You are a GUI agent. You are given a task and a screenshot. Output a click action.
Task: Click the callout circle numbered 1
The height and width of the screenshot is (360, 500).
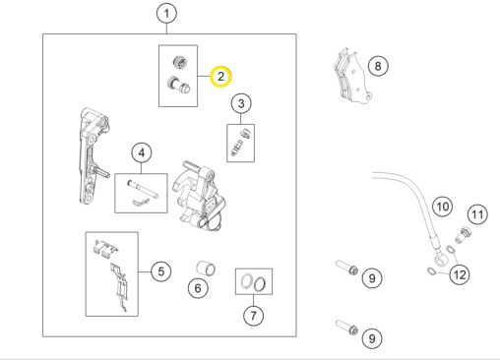pyautogui.click(x=168, y=14)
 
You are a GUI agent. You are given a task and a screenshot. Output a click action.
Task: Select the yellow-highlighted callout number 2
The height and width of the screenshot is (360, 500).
pyautogui.click(x=221, y=76)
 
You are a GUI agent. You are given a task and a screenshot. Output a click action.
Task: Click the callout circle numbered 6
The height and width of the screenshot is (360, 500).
pyautogui.click(x=197, y=289)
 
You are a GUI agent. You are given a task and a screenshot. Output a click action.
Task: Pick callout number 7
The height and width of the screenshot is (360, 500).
pyautogui.click(x=253, y=316)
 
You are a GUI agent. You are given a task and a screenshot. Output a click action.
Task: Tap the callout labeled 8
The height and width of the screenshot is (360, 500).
pyautogui.click(x=378, y=67)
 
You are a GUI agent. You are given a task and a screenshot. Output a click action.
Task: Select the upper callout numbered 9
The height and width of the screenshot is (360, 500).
pyautogui.click(x=370, y=279)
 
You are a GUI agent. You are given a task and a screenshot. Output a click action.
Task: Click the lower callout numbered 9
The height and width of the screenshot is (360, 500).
pyautogui.click(x=370, y=337)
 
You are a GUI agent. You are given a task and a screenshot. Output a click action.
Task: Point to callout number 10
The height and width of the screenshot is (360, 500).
pyautogui.click(x=442, y=207)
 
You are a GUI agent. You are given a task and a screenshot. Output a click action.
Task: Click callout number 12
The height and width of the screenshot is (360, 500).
pyautogui.click(x=460, y=274)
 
